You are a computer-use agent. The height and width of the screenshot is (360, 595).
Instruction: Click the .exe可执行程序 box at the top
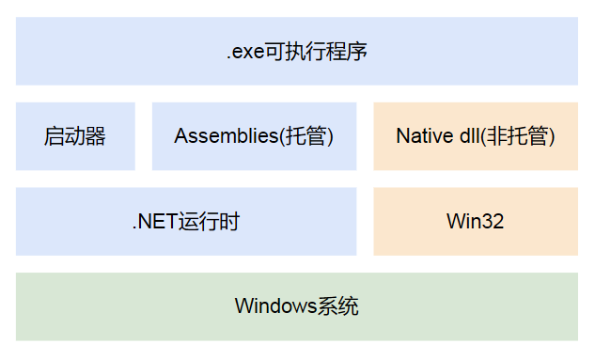coord(297,51)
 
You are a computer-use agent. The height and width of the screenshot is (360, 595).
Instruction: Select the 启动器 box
coord(75,136)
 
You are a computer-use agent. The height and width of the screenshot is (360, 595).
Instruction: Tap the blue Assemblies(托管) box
coord(254,136)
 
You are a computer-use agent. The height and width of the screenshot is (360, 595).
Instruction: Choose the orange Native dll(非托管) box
coord(476,136)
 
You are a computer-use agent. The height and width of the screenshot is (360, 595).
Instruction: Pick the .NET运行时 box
coord(186,222)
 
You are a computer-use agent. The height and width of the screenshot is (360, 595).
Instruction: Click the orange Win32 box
coord(476,222)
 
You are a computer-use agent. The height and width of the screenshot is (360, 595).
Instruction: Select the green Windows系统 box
coord(297,306)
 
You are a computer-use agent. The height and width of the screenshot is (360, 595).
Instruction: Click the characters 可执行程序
coord(313,52)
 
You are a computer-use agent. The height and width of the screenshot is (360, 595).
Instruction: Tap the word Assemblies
coord(226,136)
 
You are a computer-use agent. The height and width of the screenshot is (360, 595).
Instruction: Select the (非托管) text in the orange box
coord(518,136)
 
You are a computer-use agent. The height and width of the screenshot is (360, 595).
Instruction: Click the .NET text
coord(153,223)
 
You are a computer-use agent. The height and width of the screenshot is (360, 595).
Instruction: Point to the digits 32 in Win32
coord(491,223)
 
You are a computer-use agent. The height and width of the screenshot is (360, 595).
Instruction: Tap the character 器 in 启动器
coord(95,136)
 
